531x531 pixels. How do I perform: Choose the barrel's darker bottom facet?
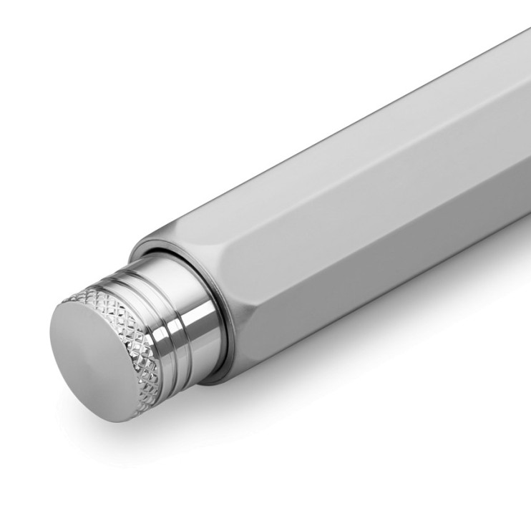(x=401, y=301)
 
